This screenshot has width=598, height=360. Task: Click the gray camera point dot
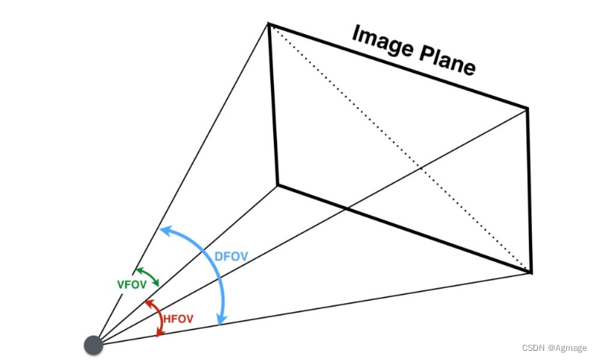point(93,344)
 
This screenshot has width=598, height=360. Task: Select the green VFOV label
point(131,284)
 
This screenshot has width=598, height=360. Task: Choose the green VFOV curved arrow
point(149,276)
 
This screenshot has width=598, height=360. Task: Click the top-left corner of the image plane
point(269,24)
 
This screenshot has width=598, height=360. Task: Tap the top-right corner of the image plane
point(527,109)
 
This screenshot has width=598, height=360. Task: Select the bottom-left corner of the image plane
point(277,185)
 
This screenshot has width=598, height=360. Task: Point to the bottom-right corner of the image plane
point(531,272)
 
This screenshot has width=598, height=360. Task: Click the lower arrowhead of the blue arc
point(221,321)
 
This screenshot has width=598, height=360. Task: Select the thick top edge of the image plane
point(398,66)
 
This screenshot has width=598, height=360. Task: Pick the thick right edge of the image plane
point(529,190)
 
